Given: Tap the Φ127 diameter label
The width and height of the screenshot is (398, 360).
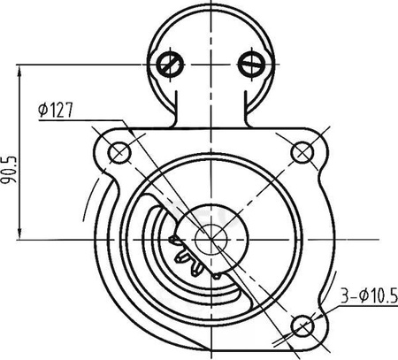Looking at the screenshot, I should [55, 110].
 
